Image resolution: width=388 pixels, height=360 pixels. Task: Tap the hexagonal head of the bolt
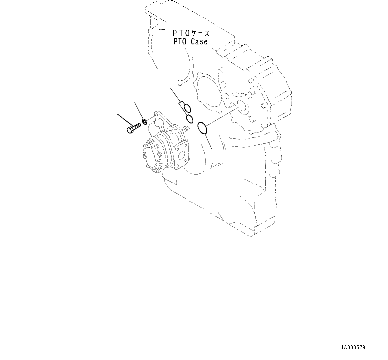point(130,129)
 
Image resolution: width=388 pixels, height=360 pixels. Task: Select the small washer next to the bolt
point(144,121)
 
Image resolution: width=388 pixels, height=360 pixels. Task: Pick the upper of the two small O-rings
point(187,108)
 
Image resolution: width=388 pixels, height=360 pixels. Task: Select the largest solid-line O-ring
point(203,128)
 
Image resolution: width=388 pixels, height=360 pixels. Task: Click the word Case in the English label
point(199,42)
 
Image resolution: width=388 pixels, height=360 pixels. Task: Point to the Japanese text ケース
point(200,33)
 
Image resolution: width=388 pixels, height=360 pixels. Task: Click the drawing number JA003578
point(353,348)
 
